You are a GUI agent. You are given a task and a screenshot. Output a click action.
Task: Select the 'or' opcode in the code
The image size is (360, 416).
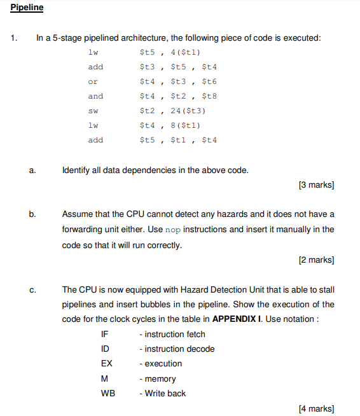point(93,81)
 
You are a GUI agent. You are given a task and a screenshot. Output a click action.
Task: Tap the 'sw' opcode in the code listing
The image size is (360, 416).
point(93,111)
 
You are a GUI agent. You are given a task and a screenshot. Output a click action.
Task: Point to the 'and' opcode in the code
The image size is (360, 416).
point(95,96)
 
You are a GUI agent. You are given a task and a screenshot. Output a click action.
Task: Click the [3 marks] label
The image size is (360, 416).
point(315,185)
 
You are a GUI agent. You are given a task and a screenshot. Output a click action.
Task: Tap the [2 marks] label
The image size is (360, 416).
point(315,260)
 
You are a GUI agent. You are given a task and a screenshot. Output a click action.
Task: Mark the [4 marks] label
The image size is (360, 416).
point(315,408)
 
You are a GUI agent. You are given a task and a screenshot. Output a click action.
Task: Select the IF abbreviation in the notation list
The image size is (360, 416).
point(105,334)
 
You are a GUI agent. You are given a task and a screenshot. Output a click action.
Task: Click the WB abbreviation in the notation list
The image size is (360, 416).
point(108,393)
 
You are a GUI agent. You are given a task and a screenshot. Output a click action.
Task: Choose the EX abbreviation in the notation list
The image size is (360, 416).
point(106,363)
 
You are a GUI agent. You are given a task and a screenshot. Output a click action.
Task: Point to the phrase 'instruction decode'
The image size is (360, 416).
point(179,349)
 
